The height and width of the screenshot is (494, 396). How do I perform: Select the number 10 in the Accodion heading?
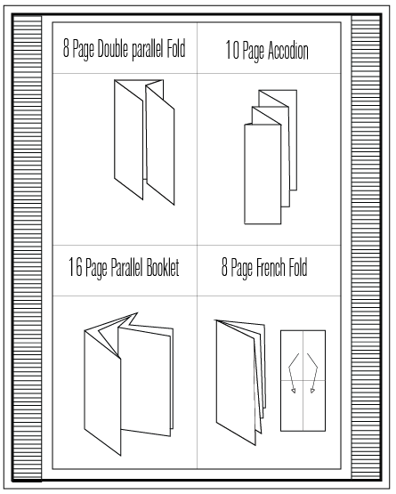coord(233,52)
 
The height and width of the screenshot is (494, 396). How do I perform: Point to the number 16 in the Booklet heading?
coord(76,268)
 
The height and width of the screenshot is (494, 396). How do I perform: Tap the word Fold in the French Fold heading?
coord(300,268)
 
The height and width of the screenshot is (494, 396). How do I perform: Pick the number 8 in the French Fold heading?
coord(225,268)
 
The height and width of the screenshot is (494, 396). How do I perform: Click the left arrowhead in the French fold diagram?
coord(291,388)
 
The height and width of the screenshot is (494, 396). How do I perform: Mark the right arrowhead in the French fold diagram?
coord(312,388)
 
